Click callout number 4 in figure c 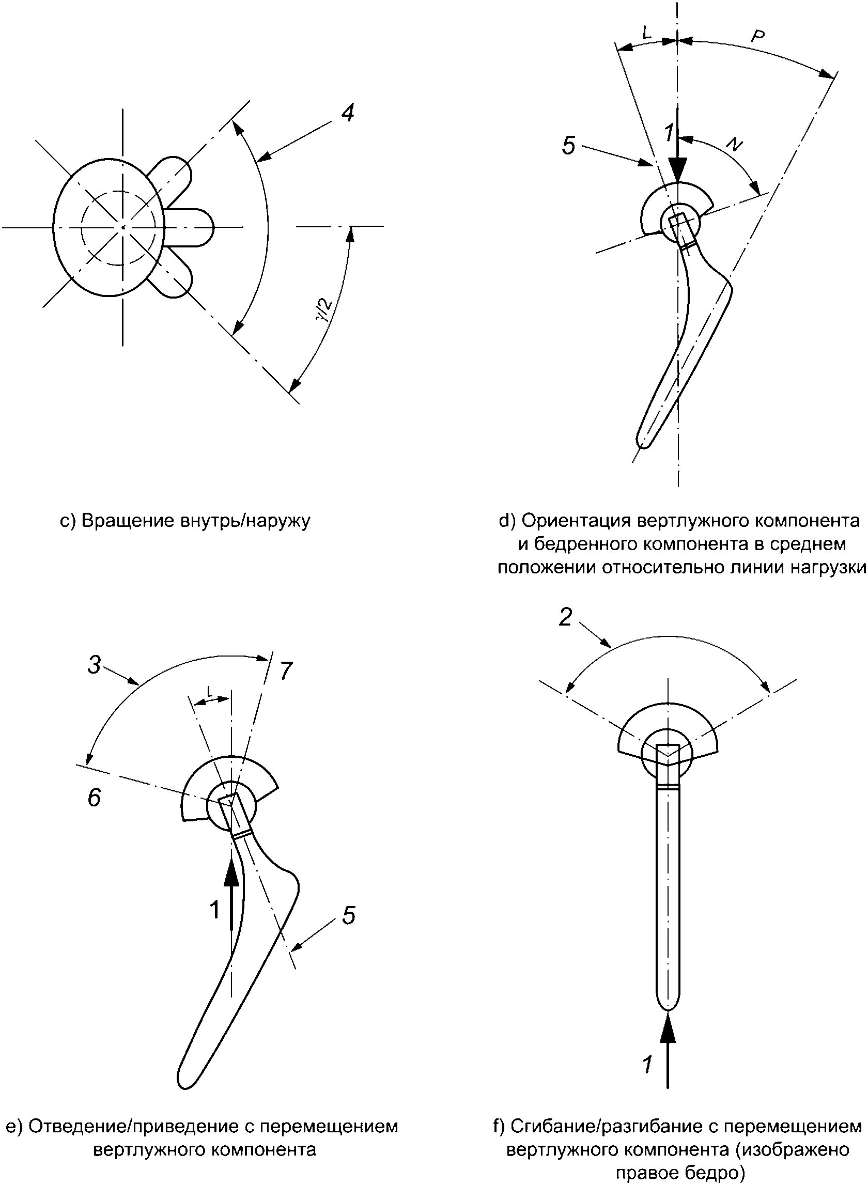tap(347, 113)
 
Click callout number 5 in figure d tap(568, 145)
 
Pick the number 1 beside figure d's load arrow tap(668, 133)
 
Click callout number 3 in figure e tap(94, 665)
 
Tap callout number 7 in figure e tap(286, 672)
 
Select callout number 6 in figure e tap(94, 798)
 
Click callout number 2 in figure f tap(565, 617)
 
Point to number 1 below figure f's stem tap(647, 1065)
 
